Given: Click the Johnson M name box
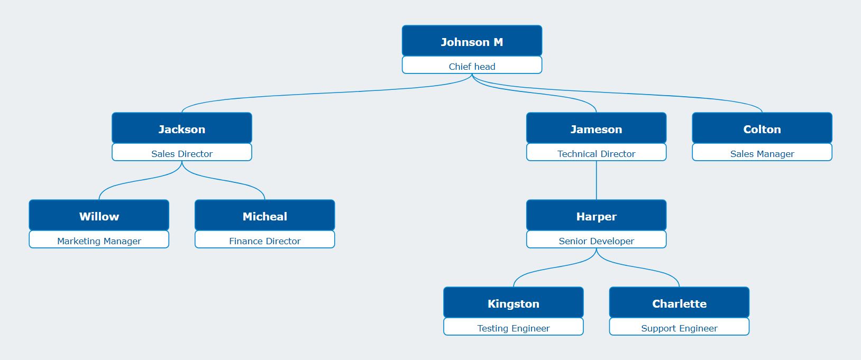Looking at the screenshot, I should click(472, 41).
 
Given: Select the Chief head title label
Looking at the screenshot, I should click(472, 66).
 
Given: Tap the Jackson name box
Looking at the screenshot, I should click(181, 128).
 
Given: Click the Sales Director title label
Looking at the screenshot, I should click(181, 153).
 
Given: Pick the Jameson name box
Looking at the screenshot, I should click(596, 128).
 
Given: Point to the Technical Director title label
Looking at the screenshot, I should click(596, 153).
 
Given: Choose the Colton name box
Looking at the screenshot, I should click(762, 128).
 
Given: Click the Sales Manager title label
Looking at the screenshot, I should click(762, 153).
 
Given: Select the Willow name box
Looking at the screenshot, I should click(99, 215).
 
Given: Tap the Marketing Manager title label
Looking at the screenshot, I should click(99, 241).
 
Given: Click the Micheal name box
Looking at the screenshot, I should click(264, 215).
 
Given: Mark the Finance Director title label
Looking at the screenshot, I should click(264, 241).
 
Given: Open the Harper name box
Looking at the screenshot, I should click(596, 215).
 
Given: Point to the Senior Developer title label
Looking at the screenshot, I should click(596, 241).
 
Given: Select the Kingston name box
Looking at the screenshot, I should click(513, 302).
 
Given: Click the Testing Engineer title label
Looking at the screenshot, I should click(513, 328).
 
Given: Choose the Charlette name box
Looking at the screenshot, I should click(679, 302).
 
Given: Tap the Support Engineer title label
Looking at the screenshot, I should click(679, 328).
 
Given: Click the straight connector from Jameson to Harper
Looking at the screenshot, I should click(597, 180).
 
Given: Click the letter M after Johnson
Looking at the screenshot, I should click(498, 42).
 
